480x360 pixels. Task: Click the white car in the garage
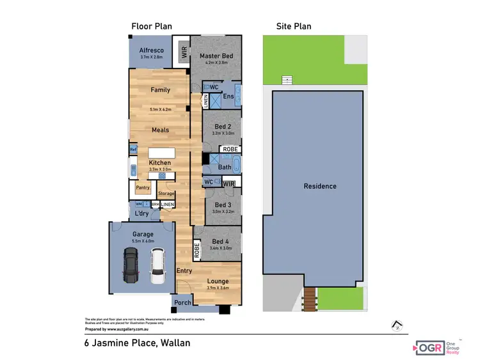[157, 266]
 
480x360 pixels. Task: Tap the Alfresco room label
[151, 50]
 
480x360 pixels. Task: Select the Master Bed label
[216, 56]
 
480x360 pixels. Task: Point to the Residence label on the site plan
[320, 186]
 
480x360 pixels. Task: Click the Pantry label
[141, 187]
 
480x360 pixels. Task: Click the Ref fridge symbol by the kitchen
[133, 150]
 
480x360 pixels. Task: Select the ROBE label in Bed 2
[229, 149]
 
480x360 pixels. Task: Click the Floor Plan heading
[151, 26]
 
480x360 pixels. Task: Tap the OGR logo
[428, 347]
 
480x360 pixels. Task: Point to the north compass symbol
[397, 325]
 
